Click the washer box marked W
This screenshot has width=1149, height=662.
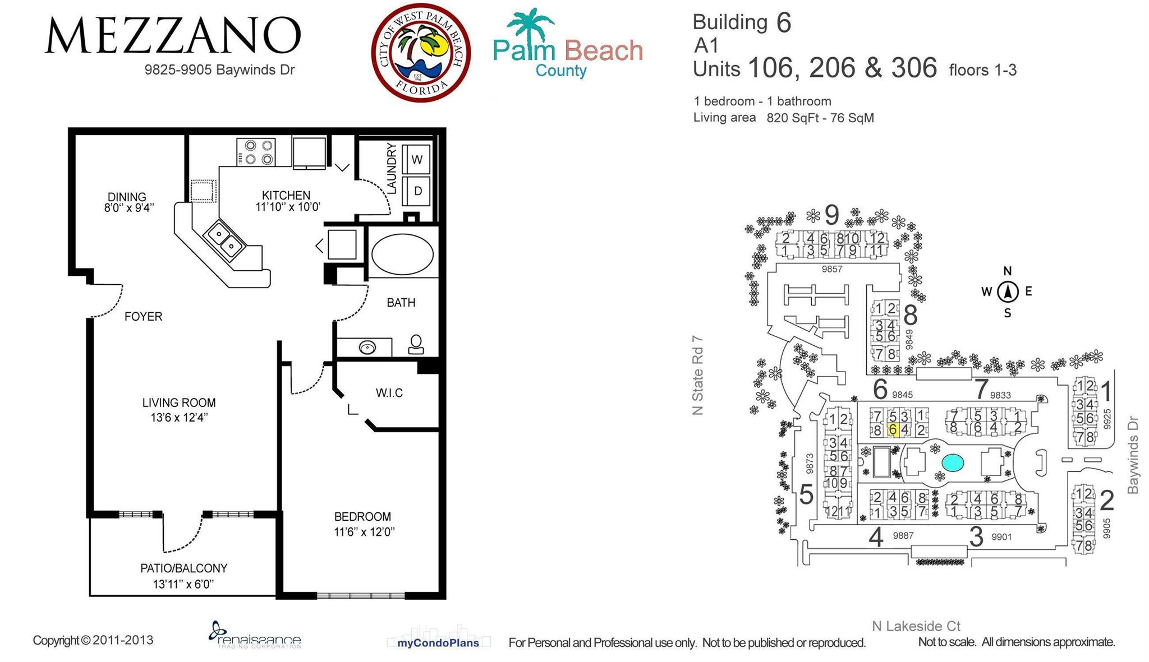click(x=417, y=159)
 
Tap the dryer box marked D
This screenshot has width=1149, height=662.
click(x=417, y=191)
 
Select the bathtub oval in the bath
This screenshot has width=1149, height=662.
click(x=402, y=254)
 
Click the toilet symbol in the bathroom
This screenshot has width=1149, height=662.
click(x=416, y=344)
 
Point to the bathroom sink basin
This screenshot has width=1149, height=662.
click(x=367, y=348)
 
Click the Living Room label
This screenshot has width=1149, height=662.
click(x=178, y=402)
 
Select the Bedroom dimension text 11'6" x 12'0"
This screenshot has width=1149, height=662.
click(x=365, y=532)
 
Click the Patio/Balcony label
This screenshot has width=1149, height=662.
click(x=183, y=568)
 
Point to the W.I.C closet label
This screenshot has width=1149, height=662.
click(x=389, y=393)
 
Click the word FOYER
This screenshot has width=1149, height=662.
click(x=143, y=317)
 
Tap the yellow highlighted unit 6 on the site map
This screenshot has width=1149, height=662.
click(x=893, y=430)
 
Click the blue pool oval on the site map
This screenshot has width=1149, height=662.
click(x=953, y=462)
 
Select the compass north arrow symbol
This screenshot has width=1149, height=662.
click(x=1008, y=291)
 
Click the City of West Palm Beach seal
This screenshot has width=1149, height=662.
click(x=421, y=53)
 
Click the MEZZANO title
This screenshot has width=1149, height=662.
click(x=173, y=36)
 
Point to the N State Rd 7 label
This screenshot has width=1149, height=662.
click(x=697, y=376)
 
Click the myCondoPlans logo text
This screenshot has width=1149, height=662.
click(x=438, y=643)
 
